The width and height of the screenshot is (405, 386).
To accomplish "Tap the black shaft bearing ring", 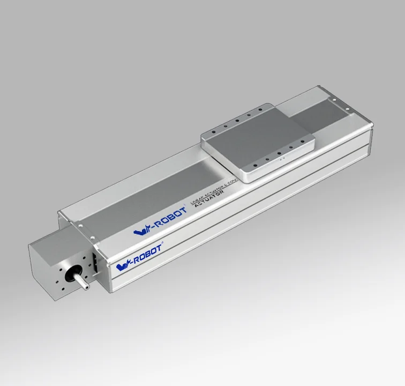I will tap(70, 276).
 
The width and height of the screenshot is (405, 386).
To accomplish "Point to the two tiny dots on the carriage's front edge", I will tap(279, 159).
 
